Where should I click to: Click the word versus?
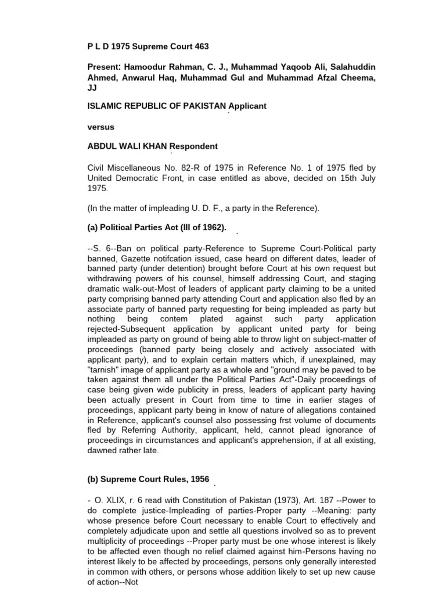pyautogui.click(x=98, y=126)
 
